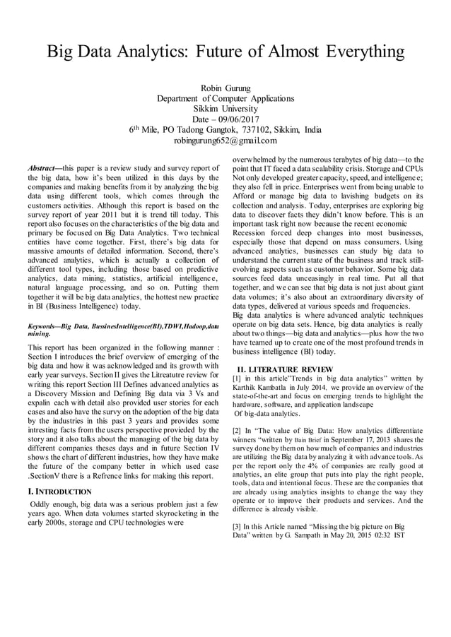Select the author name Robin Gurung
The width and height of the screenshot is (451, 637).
coord(225,87)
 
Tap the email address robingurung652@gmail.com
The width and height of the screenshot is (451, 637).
coord(225,141)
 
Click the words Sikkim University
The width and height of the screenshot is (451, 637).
coord(225,109)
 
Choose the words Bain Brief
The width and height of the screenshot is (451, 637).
coord(305,440)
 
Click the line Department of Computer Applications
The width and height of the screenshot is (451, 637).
coord(225,98)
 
